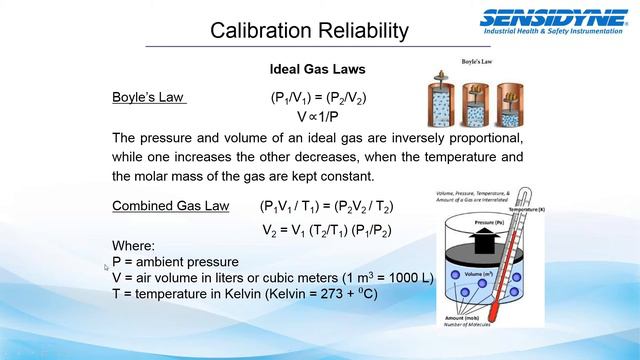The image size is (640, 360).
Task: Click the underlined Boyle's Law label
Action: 149,98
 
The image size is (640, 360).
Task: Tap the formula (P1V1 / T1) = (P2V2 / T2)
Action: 326,206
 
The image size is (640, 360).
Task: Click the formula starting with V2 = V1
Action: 327,230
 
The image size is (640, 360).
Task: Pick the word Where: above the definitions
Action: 134,247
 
